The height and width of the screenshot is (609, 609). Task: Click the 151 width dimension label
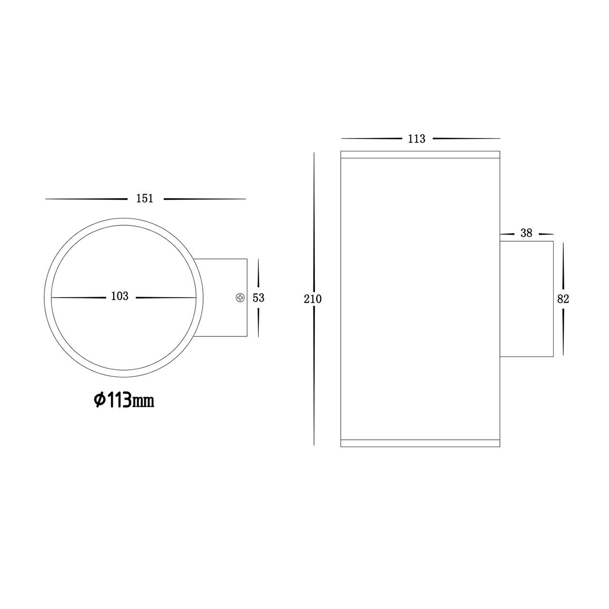pyautogui.click(x=145, y=198)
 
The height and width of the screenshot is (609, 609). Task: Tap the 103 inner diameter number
pyautogui.click(x=120, y=296)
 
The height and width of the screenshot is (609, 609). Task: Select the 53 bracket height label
pyautogui.click(x=258, y=298)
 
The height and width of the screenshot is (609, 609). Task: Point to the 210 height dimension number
pyautogui.click(x=313, y=299)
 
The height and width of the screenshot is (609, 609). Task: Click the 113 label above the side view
pyautogui.click(x=416, y=139)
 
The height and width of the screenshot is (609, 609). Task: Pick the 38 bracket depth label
pyautogui.click(x=526, y=233)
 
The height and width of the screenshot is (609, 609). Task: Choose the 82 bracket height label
pyautogui.click(x=563, y=299)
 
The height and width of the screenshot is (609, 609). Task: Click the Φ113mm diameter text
pyautogui.click(x=124, y=401)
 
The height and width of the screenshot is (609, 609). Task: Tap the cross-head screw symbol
pyautogui.click(x=240, y=298)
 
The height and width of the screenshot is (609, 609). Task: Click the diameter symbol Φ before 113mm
pyautogui.click(x=98, y=401)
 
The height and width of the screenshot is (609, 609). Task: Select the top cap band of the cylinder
pyautogui.click(x=421, y=154)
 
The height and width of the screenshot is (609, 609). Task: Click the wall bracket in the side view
pyautogui.click(x=526, y=299)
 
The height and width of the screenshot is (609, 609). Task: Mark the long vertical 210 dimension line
pyautogui.click(x=314, y=214)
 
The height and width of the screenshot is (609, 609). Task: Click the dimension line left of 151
pyautogui.click(x=86, y=199)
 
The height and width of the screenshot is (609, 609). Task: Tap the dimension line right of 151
pyautogui.click(x=205, y=199)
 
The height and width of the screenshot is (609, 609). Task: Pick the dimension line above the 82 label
pyautogui.click(x=563, y=266)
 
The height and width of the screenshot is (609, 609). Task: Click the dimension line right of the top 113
pyautogui.click(x=466, y=138)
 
